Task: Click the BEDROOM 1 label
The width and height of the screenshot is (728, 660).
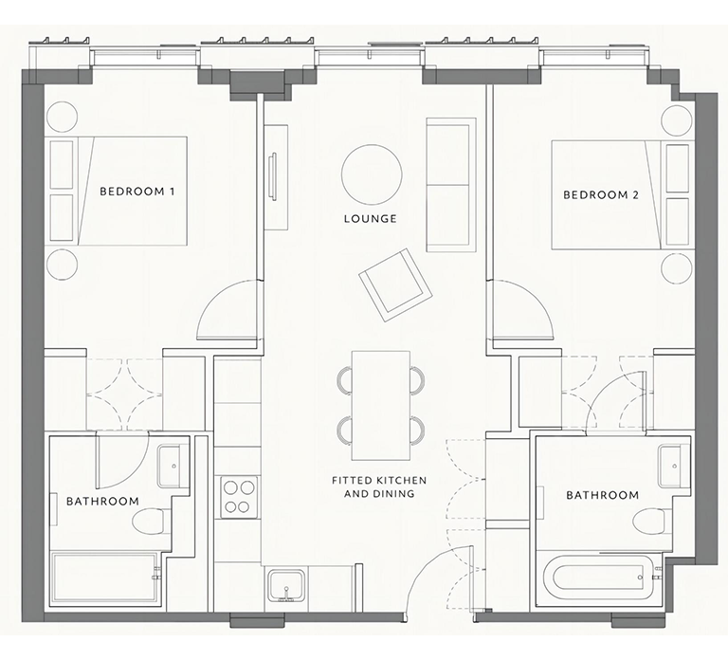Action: tap(137, 192)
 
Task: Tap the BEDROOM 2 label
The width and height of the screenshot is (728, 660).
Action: tap(601, 195)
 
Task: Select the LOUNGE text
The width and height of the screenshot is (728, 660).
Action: tap(371, 219)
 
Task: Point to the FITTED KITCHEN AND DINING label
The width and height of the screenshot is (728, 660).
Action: tap(379, 486)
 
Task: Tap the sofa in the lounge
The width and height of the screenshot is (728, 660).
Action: tap(451, 185)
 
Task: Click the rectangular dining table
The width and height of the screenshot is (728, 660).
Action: tap(381, 405)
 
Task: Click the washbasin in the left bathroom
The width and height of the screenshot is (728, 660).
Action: tap(173, 466)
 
